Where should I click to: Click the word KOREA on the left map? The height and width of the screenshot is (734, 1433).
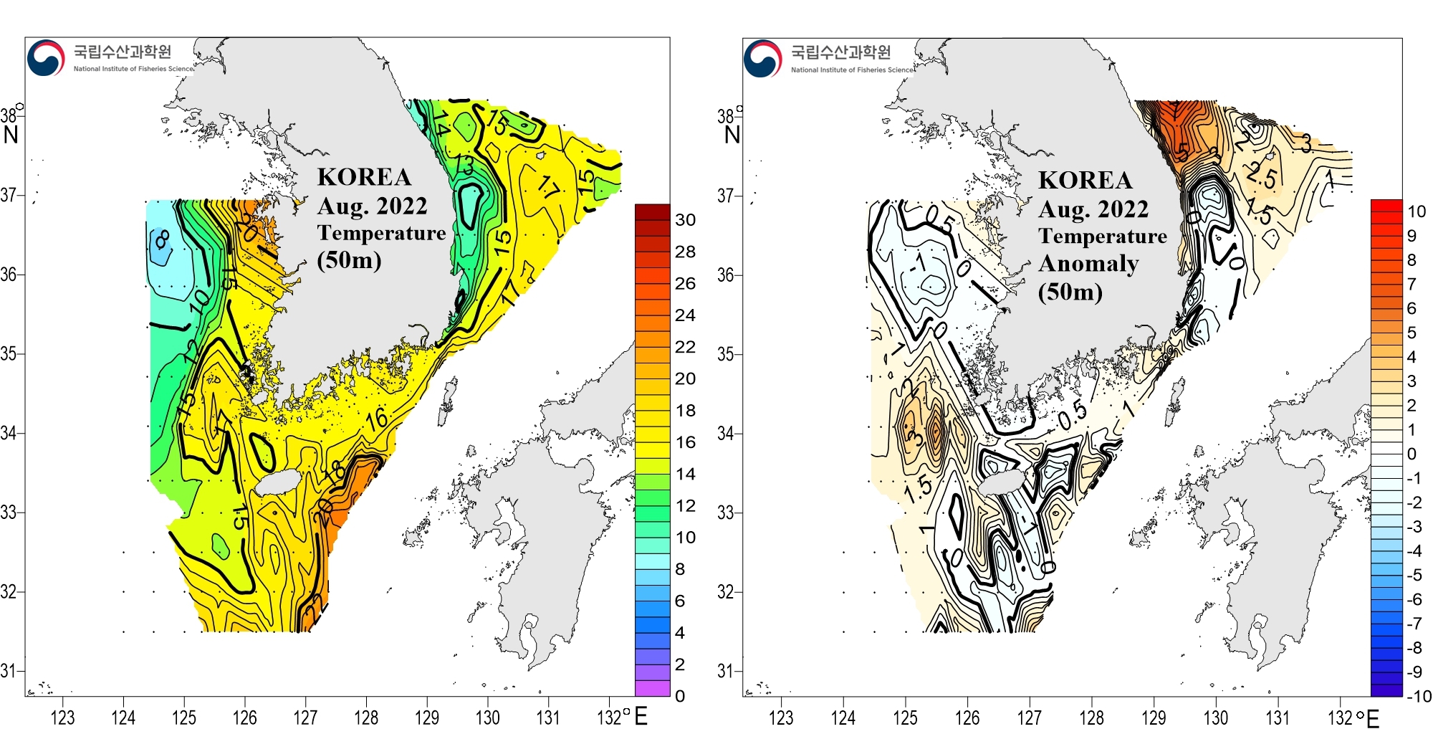tap(364, 177)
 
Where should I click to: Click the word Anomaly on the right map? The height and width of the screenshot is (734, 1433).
tap(1088, 264)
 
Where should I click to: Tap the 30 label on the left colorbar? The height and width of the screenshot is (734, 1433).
tap(685, 220)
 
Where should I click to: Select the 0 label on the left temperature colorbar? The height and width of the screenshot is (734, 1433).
tap(679, 696)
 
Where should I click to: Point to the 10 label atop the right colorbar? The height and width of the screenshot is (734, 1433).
tap(1416, 211)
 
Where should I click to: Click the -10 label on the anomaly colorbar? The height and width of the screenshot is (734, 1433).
tap(1417, 696)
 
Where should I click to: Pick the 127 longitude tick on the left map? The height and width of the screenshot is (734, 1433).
tap(305, 718)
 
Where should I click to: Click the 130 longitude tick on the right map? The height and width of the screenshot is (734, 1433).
tap(1215, 718)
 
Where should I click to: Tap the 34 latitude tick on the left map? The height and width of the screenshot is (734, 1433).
tap(9, 433)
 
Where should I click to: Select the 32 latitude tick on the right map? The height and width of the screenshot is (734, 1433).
tap(727, 592)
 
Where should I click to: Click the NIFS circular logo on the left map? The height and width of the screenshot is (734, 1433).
tap(46, 58)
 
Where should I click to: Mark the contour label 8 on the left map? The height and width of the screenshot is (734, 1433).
tap(162, 239)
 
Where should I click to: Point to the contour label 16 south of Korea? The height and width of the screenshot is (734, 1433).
tap(377, 418)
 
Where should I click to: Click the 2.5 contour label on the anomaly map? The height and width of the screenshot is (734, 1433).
tap(1261, 175)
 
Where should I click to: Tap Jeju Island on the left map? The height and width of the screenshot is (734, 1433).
tap(278, 482)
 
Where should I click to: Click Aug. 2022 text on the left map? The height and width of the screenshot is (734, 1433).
tap(372, 206)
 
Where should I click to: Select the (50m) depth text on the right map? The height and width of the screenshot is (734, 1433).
tap(1070, 292)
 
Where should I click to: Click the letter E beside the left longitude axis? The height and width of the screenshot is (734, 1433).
tap(641, 716)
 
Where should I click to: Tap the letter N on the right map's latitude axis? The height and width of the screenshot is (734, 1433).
tap(732, 134)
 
